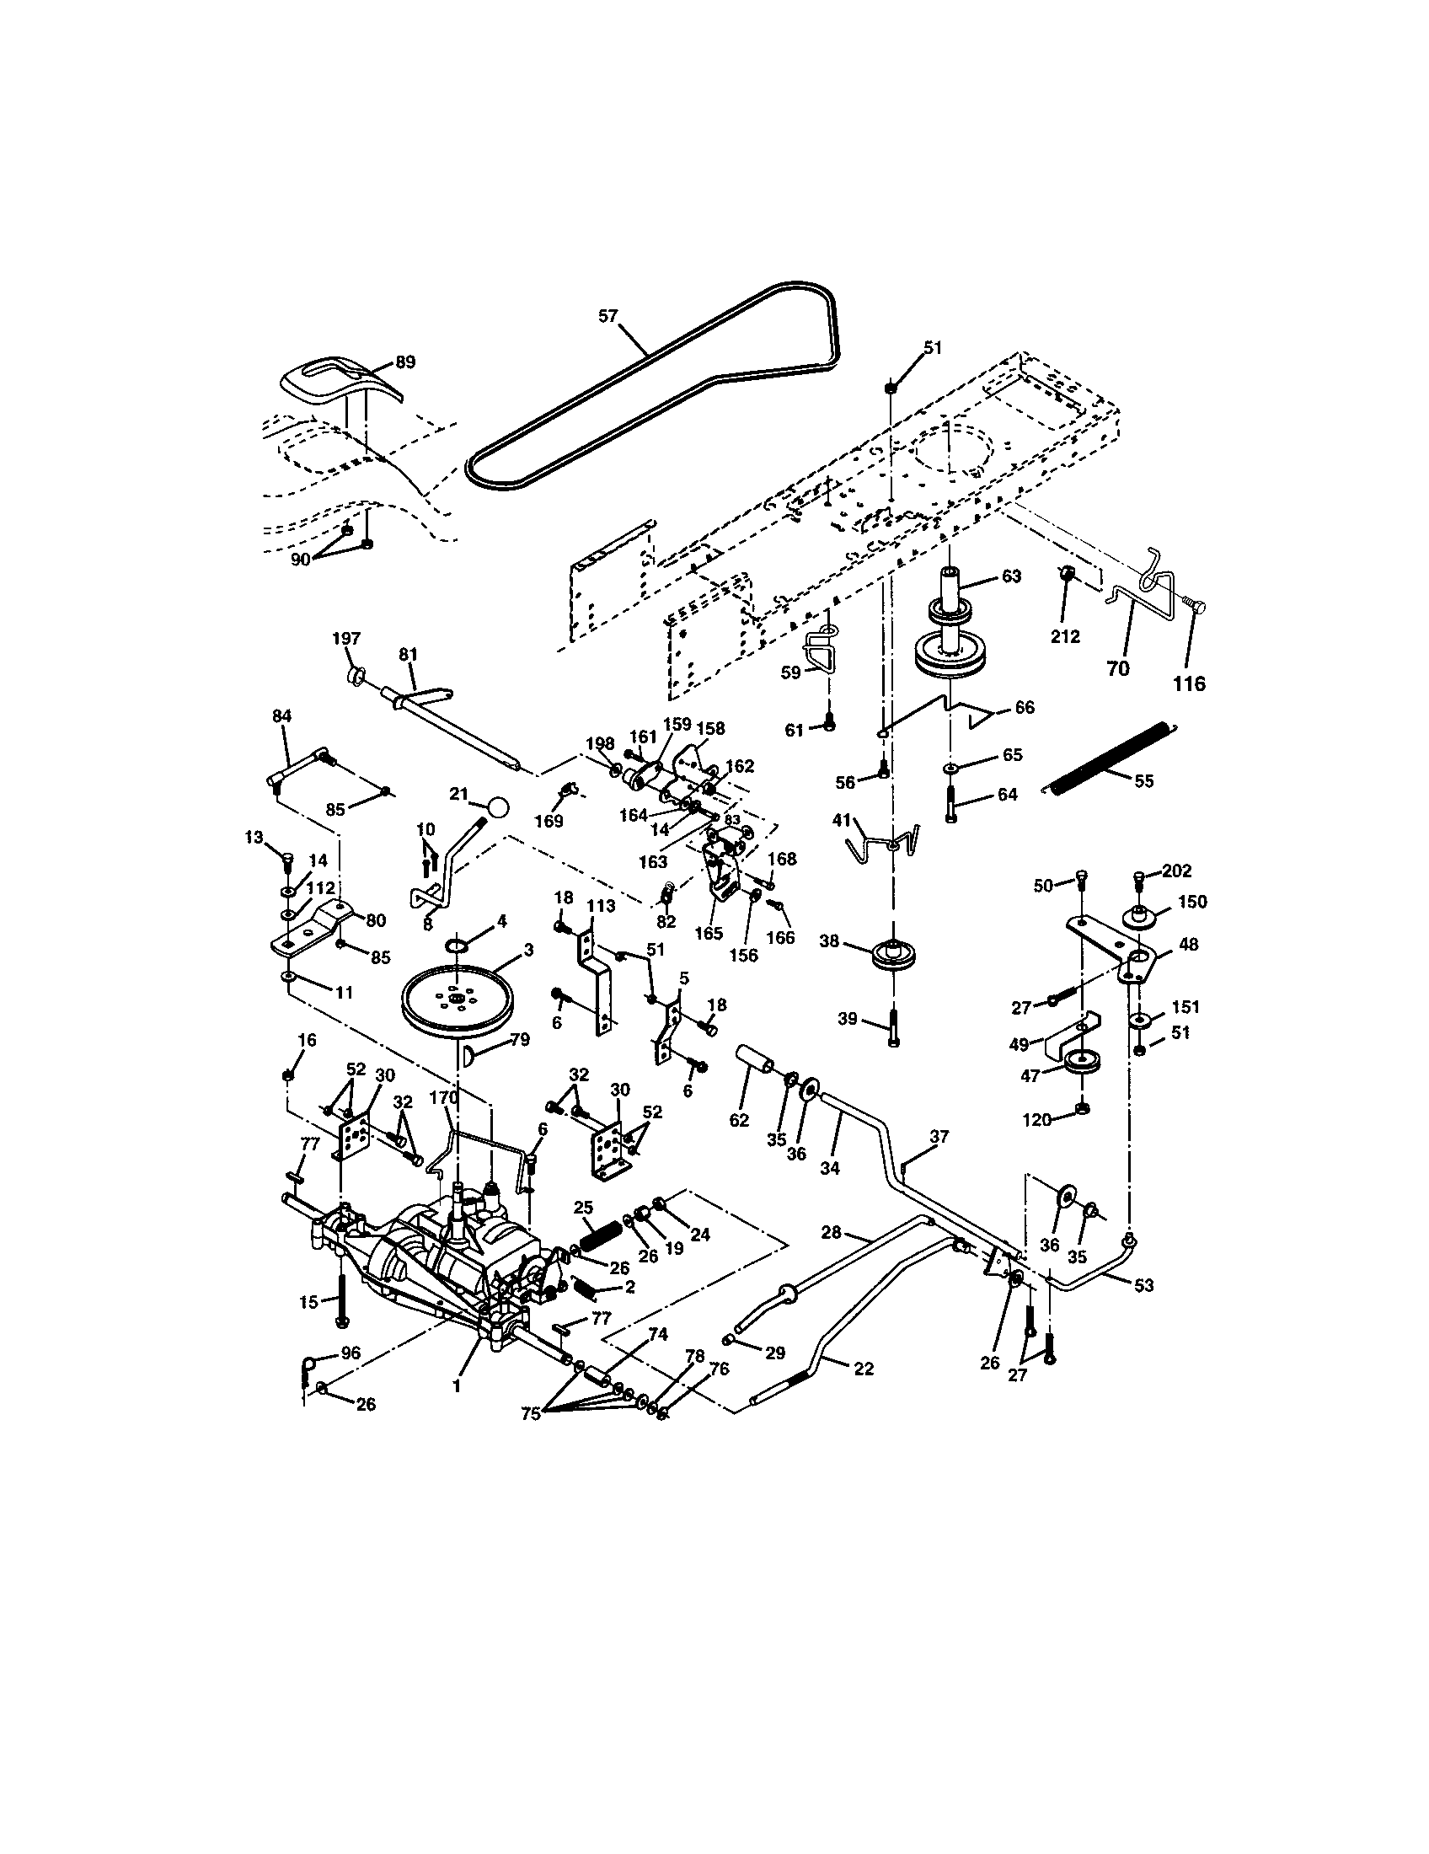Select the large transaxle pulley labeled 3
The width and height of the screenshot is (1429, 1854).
458,1003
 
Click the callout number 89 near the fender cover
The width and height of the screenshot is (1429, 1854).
404,362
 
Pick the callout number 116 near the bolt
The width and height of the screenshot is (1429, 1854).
1188,683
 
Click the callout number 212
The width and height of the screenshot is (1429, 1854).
1064,635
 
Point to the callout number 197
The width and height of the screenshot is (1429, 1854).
346,640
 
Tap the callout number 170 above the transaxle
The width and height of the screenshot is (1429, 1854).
443,1097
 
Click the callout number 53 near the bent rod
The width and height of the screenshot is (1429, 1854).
1144,1285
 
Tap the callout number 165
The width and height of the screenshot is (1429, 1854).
709,933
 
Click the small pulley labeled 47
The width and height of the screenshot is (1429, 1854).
1082,1062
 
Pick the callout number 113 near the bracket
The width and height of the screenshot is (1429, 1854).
601,906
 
